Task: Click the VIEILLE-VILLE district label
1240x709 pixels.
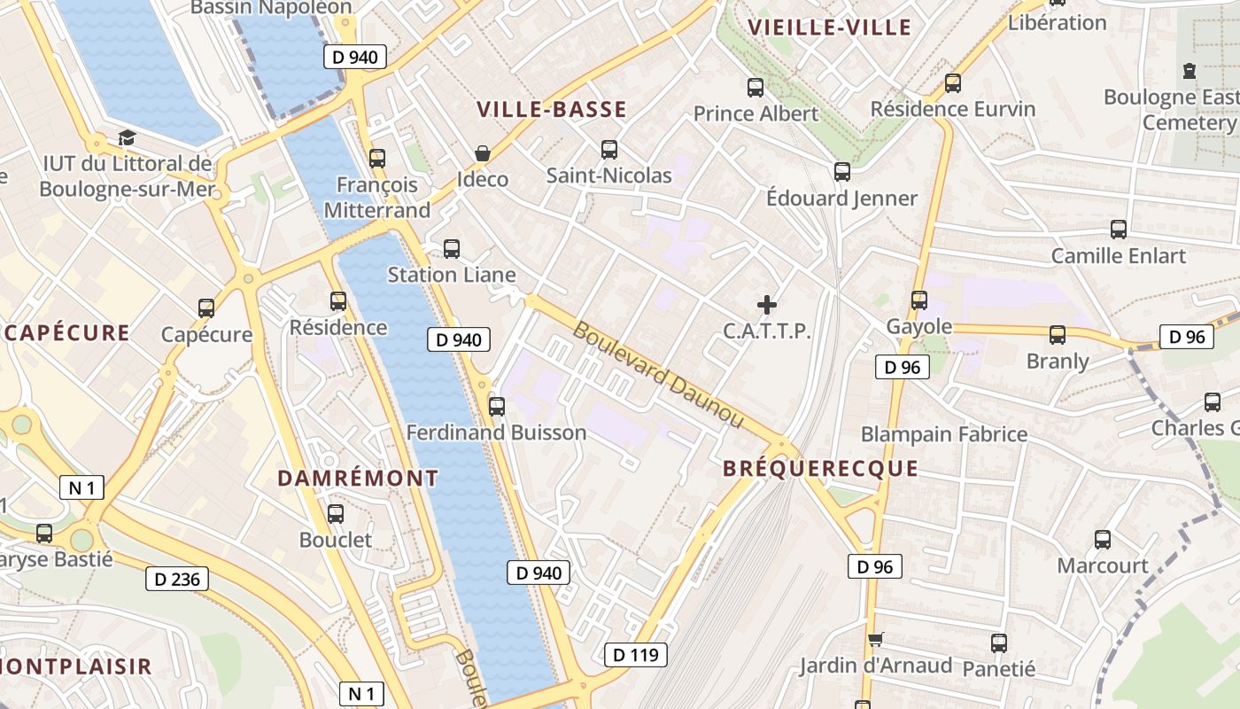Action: [x=829, y=27]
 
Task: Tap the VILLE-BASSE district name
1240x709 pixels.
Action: [x=552, y=110]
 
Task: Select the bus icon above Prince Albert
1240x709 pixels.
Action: [x=756, y=88]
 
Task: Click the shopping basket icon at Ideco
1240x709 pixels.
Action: [x=483, y=154]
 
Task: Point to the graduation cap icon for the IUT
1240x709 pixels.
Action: [x=127, y=138]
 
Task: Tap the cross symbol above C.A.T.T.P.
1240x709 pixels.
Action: [x=767, y=306]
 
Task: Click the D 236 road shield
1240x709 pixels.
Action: [x=177, y=580]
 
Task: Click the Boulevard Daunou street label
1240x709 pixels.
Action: [x=658, y=374]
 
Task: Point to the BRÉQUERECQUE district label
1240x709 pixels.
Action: [x=820, y=469]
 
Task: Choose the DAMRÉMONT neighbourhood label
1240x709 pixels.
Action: [x=358, y=479]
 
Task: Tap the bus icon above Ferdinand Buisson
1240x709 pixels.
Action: [x=497, y=407]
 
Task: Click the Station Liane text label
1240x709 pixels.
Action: [x=452, y=275]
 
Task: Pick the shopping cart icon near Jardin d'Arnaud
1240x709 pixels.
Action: [x=876, y=639]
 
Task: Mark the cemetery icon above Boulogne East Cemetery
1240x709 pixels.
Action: [x=1189, y=71]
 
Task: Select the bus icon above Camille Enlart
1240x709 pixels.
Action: [x=1119, y=230]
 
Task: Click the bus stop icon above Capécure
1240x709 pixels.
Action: [x=206, y=308]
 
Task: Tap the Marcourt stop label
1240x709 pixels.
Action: [x=1103, y=565]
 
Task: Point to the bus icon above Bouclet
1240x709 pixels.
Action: [x=336, y=514]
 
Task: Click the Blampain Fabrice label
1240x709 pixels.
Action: [x=944, y=434]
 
